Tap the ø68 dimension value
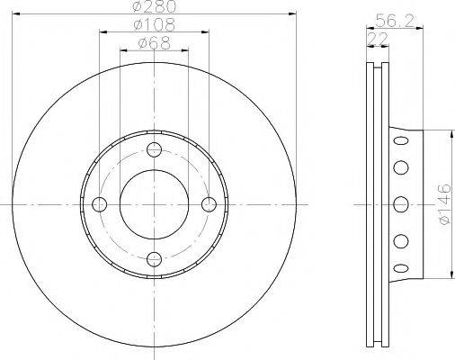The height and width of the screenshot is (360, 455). pos(154,42)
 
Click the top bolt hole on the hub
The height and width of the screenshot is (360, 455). pos(154,149)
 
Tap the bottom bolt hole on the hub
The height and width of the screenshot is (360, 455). pos(154,260)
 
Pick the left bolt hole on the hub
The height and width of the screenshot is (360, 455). pos(98,204)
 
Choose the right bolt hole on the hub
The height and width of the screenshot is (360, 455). pos(209,204)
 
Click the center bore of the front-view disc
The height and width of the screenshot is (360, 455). pos(154,204)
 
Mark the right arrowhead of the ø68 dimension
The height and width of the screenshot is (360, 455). pos(184,49)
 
